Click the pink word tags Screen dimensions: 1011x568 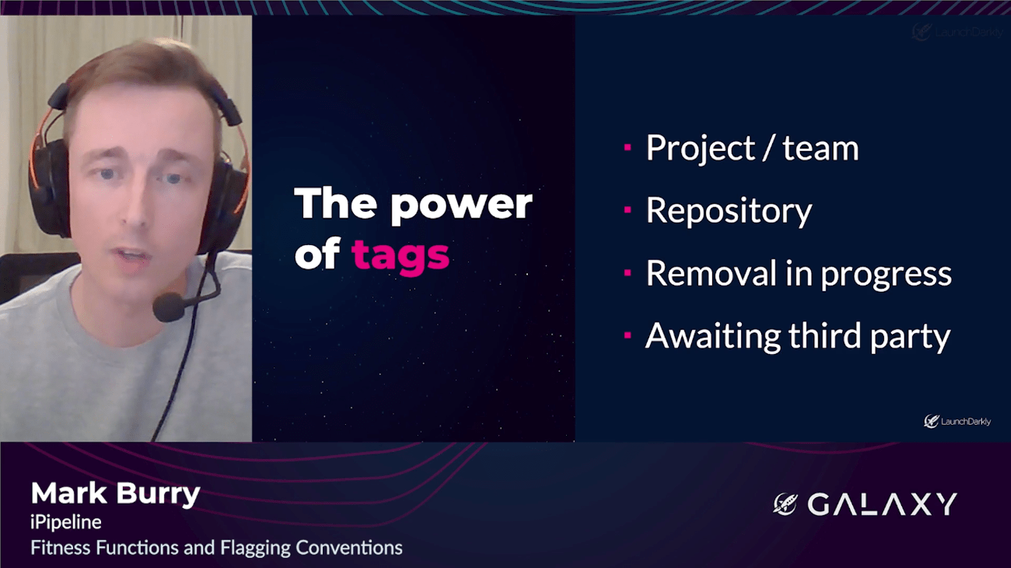point(400,256)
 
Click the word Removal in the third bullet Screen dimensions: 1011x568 point(712,272)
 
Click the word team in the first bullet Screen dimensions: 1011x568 point(820,148)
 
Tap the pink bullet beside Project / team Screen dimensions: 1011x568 point(628,147)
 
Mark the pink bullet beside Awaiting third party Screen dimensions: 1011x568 point(628,335)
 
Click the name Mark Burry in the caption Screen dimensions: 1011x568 point(115,494)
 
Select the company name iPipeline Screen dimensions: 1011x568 point(66,523)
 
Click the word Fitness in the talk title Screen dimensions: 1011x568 point(61,548)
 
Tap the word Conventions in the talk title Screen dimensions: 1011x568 point(349,548)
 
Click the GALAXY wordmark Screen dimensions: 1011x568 point(882,504)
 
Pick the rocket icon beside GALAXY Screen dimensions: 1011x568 point(786,504)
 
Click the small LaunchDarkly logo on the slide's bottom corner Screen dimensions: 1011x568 point(957,421)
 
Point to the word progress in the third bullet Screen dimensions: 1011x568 point(886,275)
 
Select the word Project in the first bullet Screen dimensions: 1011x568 point(700,148)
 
